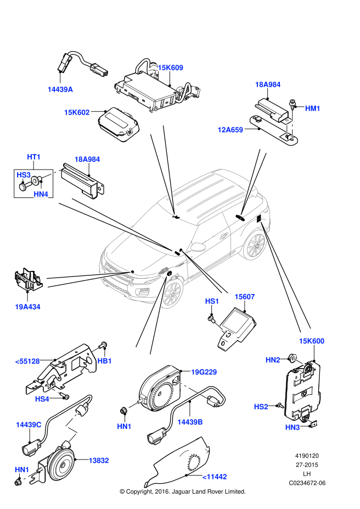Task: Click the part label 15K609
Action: (170, 68)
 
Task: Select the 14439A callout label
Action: (60, 89)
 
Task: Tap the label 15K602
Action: (77, 112)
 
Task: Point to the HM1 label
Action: (312, 109)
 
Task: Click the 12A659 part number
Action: (230, 130)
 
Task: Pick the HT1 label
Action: (34, 157)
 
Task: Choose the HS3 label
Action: (24, 175)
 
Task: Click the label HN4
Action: (41, 194)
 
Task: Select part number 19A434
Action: (27, 307)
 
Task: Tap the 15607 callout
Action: (245, 297)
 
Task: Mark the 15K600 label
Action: (311, 341)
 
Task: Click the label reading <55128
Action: (27, 361)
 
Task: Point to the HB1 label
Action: (104, 361)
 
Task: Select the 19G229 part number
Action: (204, 372)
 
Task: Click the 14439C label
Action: (29, 425)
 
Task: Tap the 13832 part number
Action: (99, 461)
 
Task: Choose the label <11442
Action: (215, 477)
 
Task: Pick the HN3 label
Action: (292, 427)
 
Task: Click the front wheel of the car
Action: (172, 293)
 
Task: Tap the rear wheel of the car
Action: (255, 245)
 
